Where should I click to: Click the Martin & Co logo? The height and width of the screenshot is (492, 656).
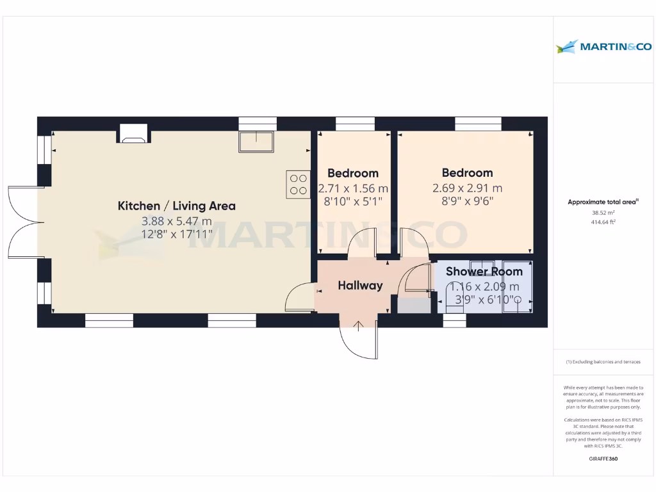tap(603, 46)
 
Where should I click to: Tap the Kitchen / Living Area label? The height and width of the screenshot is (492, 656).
tap(176, 206)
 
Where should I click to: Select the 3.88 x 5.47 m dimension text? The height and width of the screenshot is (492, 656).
tap(176, 220)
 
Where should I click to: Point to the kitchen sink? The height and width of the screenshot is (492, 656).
tap(256, 142)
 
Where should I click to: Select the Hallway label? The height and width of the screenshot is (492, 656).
tap(360, 286)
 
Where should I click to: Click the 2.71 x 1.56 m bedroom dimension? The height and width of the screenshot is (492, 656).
tap(353, 188)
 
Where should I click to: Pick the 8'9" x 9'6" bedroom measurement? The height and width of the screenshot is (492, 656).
tap(467, 201)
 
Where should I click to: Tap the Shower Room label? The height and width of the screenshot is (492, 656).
tap(484, 271)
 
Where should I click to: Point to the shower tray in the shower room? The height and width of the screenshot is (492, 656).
tap(517, 286)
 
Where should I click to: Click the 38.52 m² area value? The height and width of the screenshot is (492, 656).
tap(602, 213)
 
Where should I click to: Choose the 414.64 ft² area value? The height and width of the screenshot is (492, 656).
tap(602, 222)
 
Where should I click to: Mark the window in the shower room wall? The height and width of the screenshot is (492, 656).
tap(454, 320)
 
